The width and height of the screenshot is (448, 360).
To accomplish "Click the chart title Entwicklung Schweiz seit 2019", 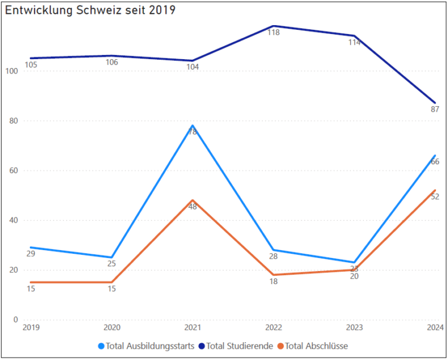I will point(90,11).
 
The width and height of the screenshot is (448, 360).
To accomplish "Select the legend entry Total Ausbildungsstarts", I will point(149,346).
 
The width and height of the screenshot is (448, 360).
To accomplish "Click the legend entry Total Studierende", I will point(240,346).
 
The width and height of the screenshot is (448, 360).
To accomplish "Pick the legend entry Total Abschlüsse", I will point(317,346).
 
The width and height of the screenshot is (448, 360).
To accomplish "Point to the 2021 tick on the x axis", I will point(192,327).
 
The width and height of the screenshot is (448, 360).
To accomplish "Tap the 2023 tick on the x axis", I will point(354,327).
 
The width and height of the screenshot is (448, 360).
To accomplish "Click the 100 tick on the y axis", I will point(11,71).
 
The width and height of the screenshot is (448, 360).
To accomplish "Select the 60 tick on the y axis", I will point(13,171).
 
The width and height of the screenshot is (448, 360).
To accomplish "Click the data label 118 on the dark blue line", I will point(274,33).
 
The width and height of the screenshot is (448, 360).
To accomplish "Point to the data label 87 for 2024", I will point(435,109).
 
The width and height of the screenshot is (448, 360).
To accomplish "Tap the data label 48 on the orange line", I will point(192,207).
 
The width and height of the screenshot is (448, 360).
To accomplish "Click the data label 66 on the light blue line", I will point(435,162).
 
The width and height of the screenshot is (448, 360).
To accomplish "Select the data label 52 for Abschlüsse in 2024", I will point(435,196).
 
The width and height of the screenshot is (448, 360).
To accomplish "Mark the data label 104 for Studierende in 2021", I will point(192,67).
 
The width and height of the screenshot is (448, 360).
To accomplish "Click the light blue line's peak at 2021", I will point(192,126).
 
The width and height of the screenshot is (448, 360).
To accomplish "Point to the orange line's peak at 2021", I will point(192,201).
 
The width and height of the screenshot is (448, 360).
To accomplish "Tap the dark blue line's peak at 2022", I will point(274,26).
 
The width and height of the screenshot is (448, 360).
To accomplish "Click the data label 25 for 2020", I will point(111,264).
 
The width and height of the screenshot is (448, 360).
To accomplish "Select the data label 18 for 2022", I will point(274,281).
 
